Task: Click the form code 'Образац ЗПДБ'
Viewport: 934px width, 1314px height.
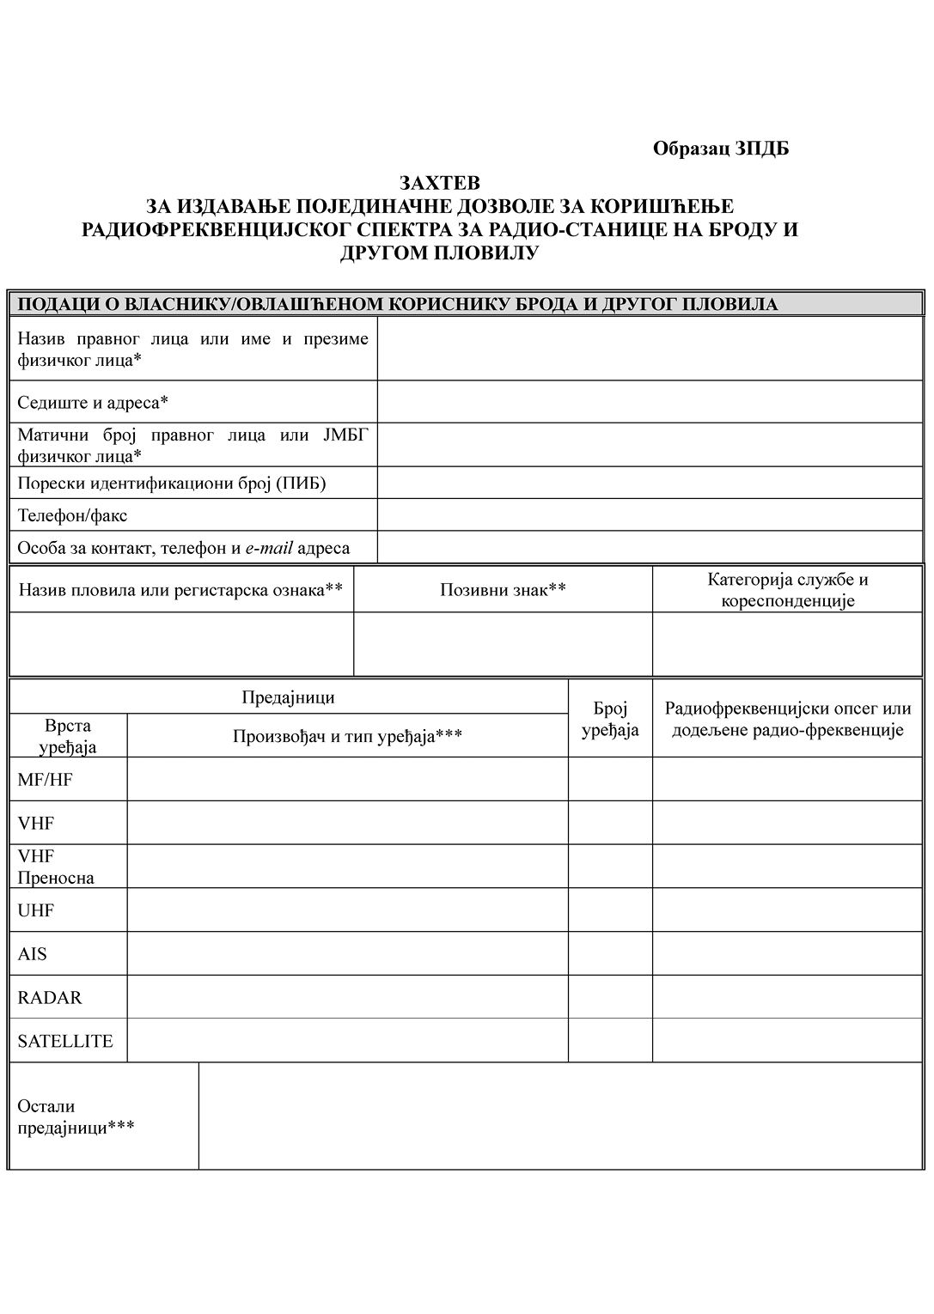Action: (x=720, y=149)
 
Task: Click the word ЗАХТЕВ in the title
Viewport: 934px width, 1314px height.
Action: (x=439, y=183)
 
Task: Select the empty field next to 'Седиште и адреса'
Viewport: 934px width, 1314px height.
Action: (x=650, y=402)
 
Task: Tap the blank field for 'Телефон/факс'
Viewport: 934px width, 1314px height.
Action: (x=650, y=515)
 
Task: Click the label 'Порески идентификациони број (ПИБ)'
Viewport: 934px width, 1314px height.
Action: (x=172, y=483)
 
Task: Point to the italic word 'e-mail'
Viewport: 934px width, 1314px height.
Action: (x=269, y=548)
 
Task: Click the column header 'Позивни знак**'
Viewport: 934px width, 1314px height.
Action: (x=503, y=589)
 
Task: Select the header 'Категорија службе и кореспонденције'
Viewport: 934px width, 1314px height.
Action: (x=787, y=589)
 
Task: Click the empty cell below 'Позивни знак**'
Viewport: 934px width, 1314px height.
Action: (x=503, y=644)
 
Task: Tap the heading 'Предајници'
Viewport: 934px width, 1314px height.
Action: (x=288, y=697)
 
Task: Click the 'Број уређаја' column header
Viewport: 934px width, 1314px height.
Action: (x=610, y=719)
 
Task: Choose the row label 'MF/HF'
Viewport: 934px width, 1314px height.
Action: (x=46, y=780)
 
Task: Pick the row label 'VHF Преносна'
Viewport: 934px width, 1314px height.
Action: (x=56, y=867)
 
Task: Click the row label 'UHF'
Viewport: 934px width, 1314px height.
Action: (x=36, y=910)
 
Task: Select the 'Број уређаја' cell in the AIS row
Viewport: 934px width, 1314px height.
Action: (x=610, y=953)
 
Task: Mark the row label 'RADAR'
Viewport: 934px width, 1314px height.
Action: (x=50, y=997)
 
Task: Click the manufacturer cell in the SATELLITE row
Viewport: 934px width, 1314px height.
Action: (x=347, y=1041)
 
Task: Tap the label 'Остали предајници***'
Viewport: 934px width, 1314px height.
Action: (x=76, y=1116)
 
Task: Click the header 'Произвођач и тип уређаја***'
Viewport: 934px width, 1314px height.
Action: (x=347, y=736)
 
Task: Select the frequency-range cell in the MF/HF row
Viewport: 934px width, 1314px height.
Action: (x=787, y=780)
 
